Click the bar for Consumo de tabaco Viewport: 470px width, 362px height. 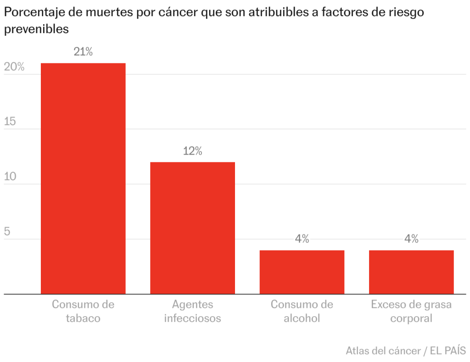[x=83, y=178]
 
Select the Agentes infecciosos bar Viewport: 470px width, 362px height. [x=192, y=228]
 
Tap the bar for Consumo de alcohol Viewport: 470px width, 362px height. [x=302, y=272]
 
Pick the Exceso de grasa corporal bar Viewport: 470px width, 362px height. [x=411, y=272]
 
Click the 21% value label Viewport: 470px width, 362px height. [x=83, y=52]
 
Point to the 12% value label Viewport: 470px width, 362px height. [x=192, y=151]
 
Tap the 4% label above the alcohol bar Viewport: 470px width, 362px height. [x=302, y=239]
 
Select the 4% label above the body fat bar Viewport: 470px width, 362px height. [x=411, y=239]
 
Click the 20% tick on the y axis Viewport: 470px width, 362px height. [x=14, y=67]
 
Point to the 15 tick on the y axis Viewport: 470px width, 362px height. [x=10, y=122]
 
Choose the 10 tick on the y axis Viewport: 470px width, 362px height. [x=10, y=177]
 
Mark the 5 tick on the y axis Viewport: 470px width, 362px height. [x=7, y=232]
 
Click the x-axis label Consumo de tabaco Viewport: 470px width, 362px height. [x=83, y=311]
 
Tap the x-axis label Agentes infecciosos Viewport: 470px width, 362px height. [x=192, y=311]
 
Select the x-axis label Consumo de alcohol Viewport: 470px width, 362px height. [x=302, y=311]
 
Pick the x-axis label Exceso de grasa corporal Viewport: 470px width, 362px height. [x=411, y=311]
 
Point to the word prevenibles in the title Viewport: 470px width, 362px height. [x=36, y=29]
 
